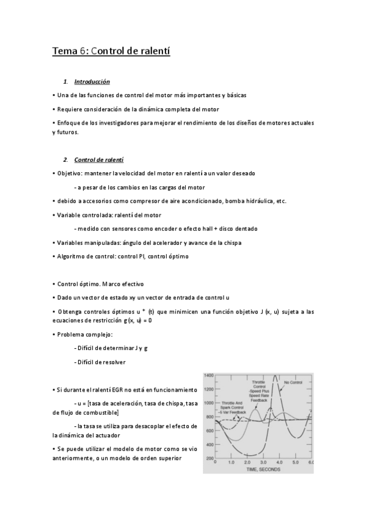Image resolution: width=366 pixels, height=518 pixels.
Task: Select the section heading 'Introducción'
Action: pyautogui.click(x=92, y=81)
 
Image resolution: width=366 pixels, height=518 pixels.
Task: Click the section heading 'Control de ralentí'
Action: pyautogui.click(x=98, y=160)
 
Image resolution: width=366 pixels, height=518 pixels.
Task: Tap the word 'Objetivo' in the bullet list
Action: pyautogui.click(x=70, y=173)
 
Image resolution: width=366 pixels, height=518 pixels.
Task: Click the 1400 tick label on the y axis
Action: pyautogui.click(x=208, y=375)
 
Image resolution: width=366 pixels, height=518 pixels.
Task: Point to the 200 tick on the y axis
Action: pyautogui.click(x=210, y=458)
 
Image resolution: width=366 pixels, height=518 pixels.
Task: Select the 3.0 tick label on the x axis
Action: pyautogui.click(x=263, y=464)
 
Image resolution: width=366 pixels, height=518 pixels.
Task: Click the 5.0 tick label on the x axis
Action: pyautogui.click(x=295, y=464)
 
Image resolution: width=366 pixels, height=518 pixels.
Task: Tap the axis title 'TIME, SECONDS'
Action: pyautogui.click(x=263, y=470)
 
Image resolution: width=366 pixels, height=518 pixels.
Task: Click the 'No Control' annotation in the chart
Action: pyautogui.click(x=293, y=383)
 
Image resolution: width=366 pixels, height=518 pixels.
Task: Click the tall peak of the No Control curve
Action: pyautogui.click(x=276, y=376)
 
